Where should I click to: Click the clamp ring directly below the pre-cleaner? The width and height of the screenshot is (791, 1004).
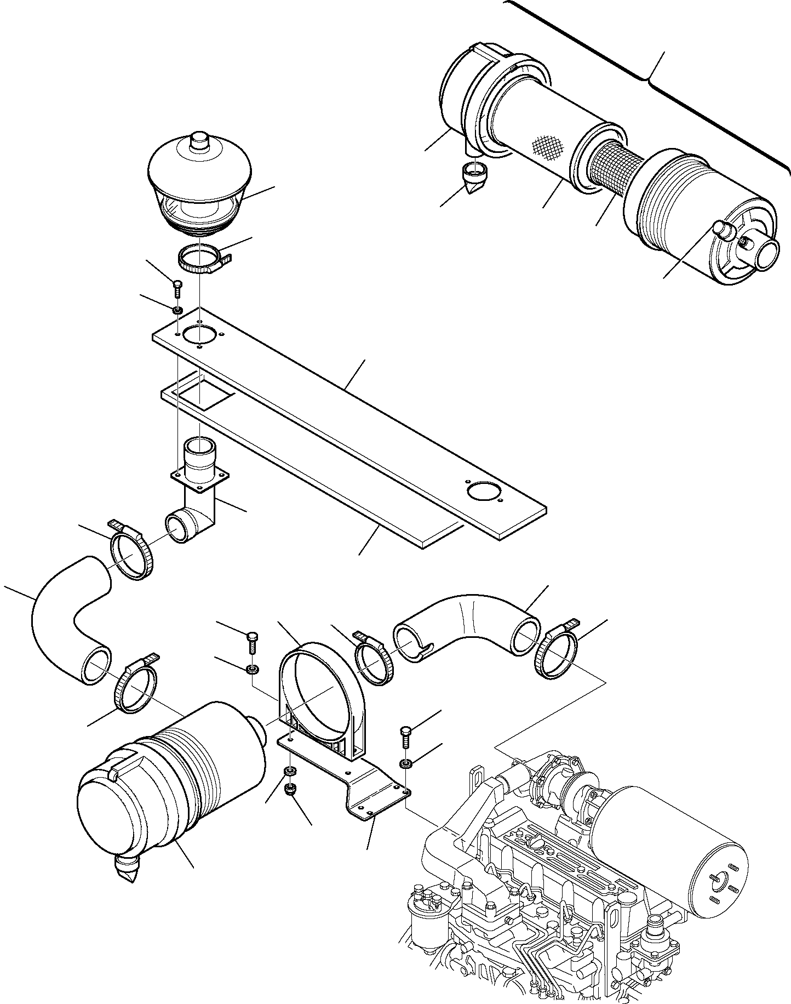click(198, 261)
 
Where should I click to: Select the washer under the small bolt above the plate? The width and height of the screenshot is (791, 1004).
click(177, 311)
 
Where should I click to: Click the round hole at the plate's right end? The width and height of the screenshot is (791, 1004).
click(484, 490)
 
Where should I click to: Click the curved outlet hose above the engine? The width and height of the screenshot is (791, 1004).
click(466, 619)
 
